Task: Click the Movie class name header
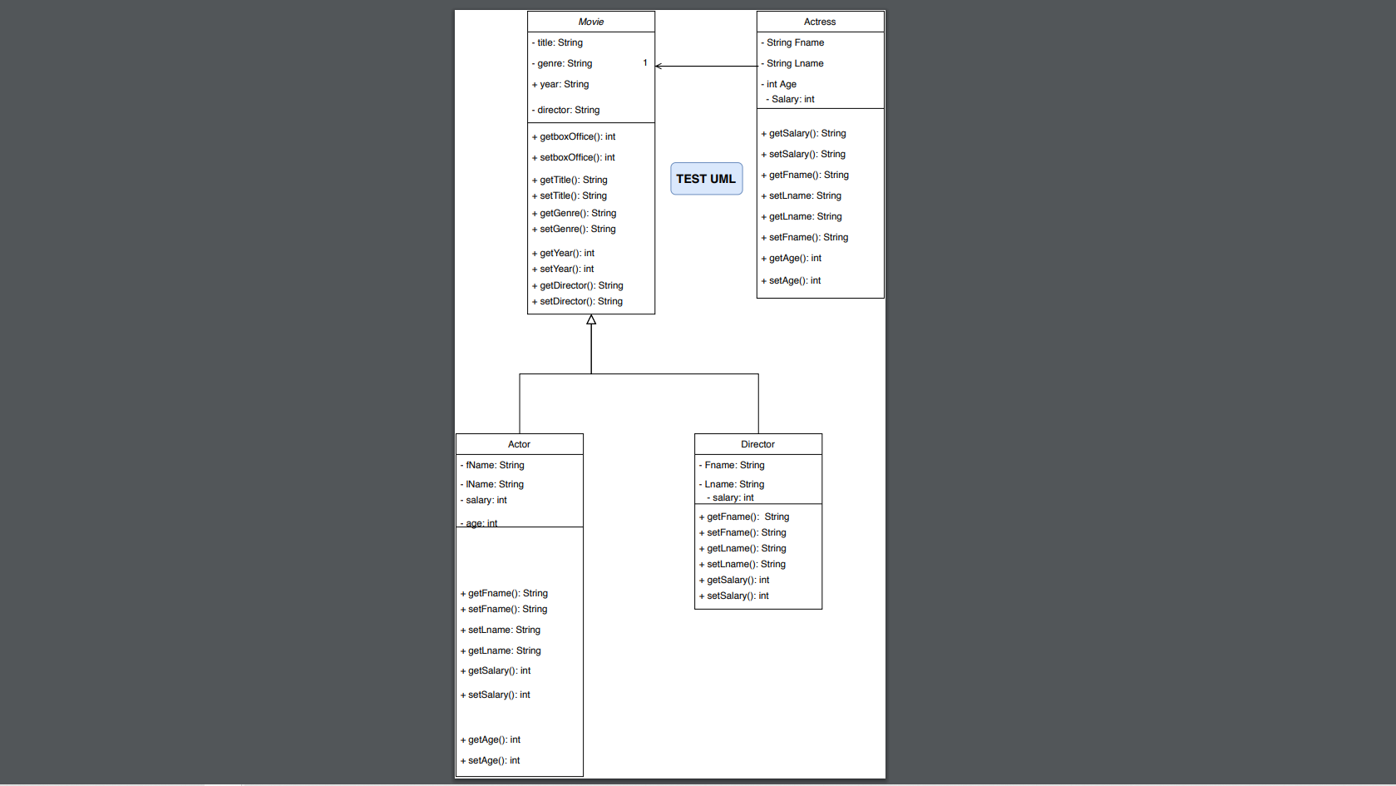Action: (x=591, y=22)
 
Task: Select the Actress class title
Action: (x=819, y=22)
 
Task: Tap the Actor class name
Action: (x=519, y=444)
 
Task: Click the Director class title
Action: (x=757, y=444)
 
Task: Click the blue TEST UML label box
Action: (x=706, y=179)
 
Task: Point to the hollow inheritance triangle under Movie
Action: (x=591, y=320)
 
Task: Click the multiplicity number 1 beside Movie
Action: (x=645, y=62)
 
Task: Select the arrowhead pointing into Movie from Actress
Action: (x=659, y=66)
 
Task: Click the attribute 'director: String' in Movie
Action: (x=567, y=110)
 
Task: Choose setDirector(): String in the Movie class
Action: (x=580, y=301)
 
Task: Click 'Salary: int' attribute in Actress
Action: (x=792, y=99)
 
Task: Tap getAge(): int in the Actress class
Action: (x=794, y=258)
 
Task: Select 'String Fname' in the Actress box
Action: (x=794, y=42)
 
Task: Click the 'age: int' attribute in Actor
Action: (x=481, y=523)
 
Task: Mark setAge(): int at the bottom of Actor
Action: (x=493, y=760)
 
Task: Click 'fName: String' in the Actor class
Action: (x=494, y=465)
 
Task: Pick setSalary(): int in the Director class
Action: (x=737, y=596)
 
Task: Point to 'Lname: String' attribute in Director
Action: (x=733, y=484)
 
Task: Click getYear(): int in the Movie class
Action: (x=566, y=253)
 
